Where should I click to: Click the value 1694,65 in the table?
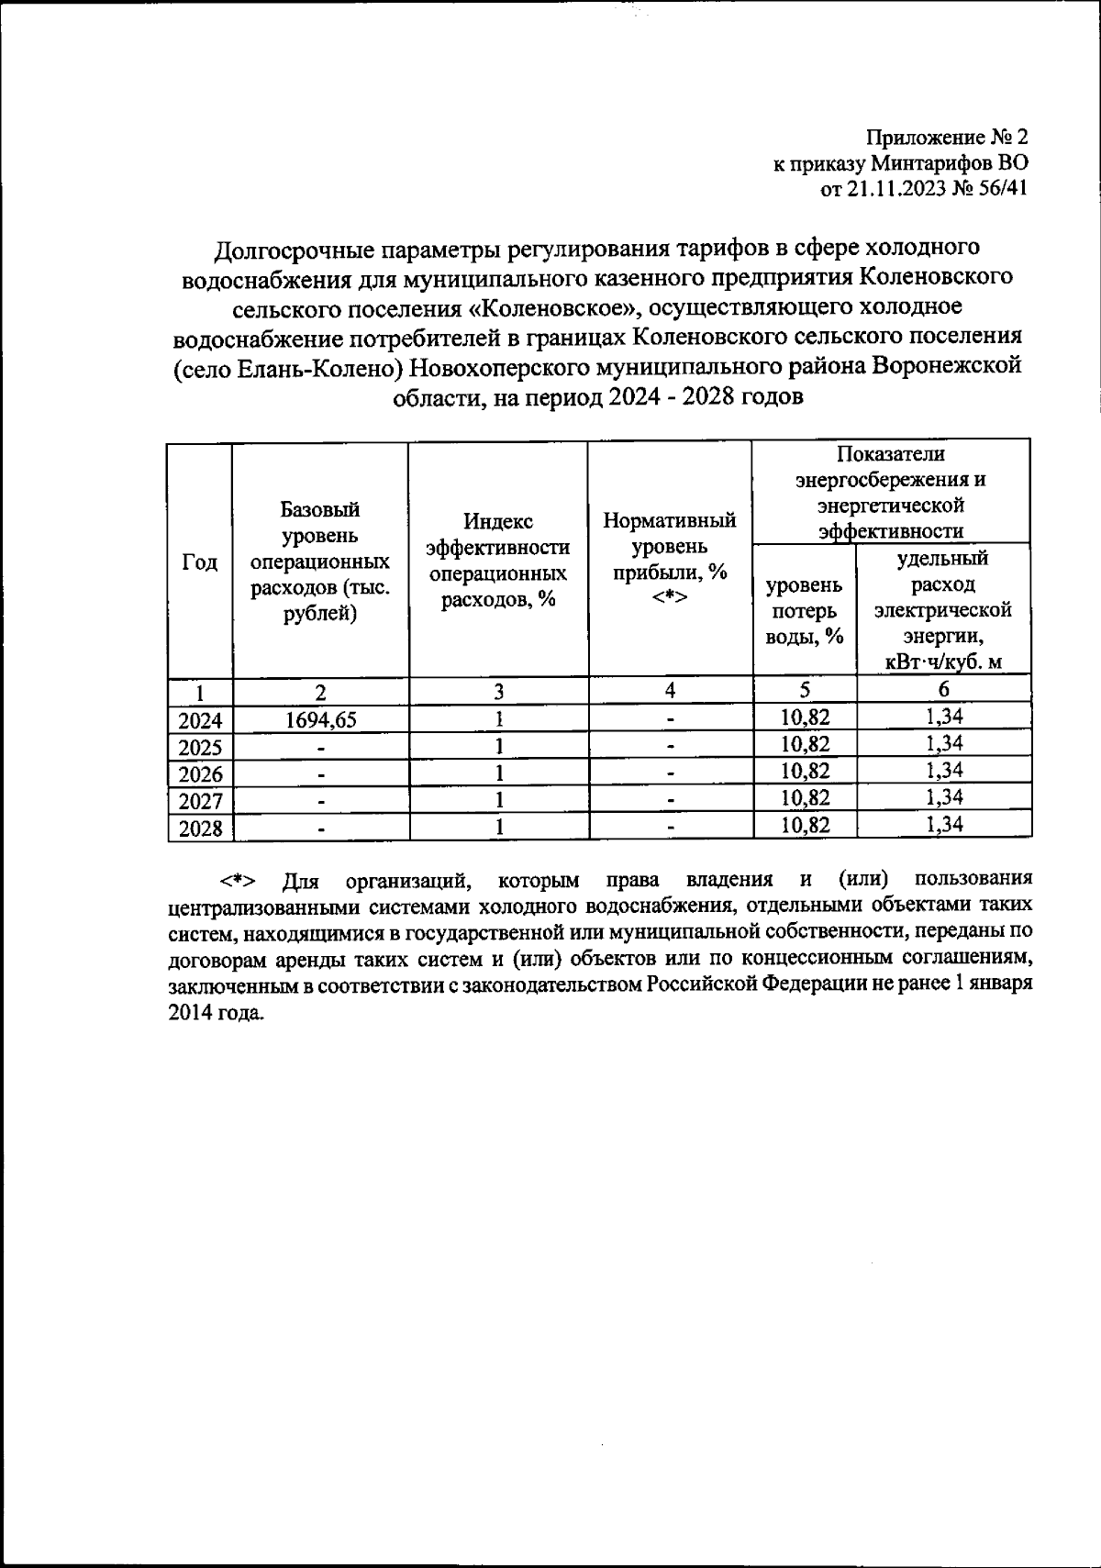pos(320,720)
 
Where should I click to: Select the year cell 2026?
pos(201,774)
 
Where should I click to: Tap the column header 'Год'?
pos(200,562)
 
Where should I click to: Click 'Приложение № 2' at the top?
pos(948,138)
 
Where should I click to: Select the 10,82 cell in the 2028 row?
pos(805,826)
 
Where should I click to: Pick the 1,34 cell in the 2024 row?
pos(943,717)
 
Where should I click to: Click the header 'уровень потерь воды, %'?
pos(805,610)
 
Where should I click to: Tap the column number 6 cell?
pos(943,689)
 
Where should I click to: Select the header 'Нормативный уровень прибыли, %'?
pos(670,559)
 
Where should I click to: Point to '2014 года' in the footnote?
pos(215,1014)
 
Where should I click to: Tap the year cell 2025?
pos(201,747)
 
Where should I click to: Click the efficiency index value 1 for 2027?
pos(498,800)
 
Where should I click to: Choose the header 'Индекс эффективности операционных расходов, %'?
pos(498,561)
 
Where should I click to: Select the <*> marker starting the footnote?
pos(237,882)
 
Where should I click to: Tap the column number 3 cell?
pos(498,691)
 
